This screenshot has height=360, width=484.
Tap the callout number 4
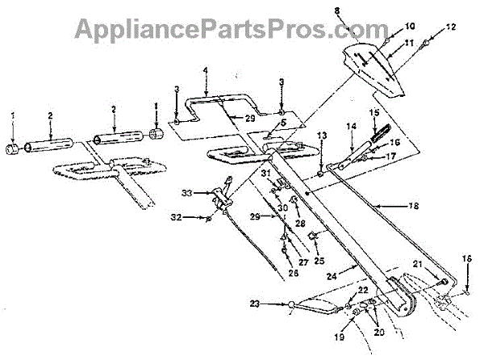tap(206, 71)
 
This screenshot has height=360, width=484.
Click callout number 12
tap(452, 27)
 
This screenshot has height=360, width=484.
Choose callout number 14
tap(352, 126)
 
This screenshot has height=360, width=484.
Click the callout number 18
tap(414, 206)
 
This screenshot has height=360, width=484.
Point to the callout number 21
tap(419, 264)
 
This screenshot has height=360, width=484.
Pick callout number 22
tap(363, 290)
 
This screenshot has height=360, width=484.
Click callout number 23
tap(277, 304)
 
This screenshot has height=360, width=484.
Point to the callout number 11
tap(409, 42)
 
